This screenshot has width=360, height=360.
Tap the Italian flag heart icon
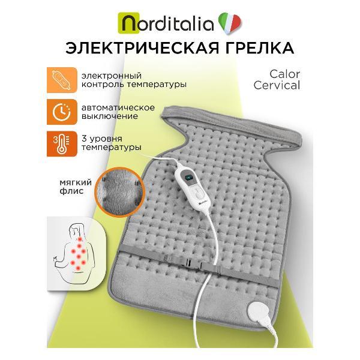tap(230, 23)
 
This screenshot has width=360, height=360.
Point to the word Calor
tap(284, 74)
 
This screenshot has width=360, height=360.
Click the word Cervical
tap(277, 85)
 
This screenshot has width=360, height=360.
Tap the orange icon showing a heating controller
tap(62, 80)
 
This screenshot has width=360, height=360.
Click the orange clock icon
tap(62, 112)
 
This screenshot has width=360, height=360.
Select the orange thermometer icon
tap(62, 144)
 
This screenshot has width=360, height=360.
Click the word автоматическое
tap(118, 107)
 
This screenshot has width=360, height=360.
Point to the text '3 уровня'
tap(102, 139)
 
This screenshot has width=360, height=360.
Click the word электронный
tap(112, 76)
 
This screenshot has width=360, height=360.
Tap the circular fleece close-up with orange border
tap(119, 192)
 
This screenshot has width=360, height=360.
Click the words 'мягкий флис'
tap(76, 187)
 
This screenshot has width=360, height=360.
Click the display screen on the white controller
tap(189, 178)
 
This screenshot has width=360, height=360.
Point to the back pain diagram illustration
tap(76, 253)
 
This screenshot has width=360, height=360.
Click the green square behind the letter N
tap(128, 23)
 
